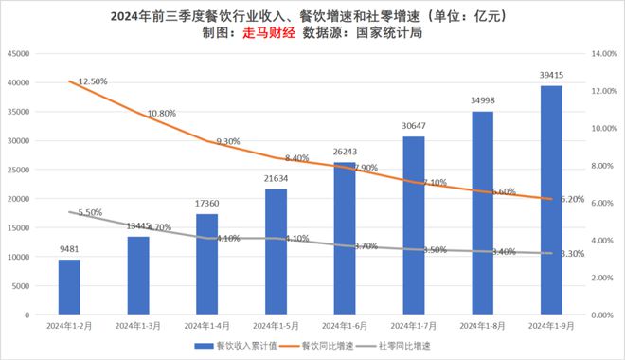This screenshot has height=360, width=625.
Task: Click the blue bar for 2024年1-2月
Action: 69,287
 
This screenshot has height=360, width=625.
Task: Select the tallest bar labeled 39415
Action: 551,200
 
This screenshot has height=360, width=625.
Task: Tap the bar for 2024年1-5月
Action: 276,252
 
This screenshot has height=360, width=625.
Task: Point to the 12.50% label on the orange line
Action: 93,81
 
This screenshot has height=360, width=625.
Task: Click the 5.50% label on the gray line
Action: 90,212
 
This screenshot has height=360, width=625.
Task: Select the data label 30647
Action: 413,126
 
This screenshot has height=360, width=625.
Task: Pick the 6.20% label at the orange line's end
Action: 572,199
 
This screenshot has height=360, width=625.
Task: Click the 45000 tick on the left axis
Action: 18,53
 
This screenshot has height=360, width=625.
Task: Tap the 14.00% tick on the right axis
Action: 604,53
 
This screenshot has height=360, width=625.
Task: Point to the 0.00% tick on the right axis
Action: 602,315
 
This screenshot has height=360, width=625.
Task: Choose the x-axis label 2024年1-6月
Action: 345,326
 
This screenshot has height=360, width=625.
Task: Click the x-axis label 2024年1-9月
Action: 551,326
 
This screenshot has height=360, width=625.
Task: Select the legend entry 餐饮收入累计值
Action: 236,346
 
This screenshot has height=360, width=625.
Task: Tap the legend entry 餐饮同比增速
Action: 316,346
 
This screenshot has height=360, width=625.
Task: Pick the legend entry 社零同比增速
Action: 393,346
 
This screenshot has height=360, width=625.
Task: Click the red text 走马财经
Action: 269,32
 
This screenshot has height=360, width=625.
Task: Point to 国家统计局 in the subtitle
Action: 389,32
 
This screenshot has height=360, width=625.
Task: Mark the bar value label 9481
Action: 69,249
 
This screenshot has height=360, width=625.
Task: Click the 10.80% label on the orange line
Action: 161,114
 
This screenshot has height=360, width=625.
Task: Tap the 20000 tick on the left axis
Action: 18,199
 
